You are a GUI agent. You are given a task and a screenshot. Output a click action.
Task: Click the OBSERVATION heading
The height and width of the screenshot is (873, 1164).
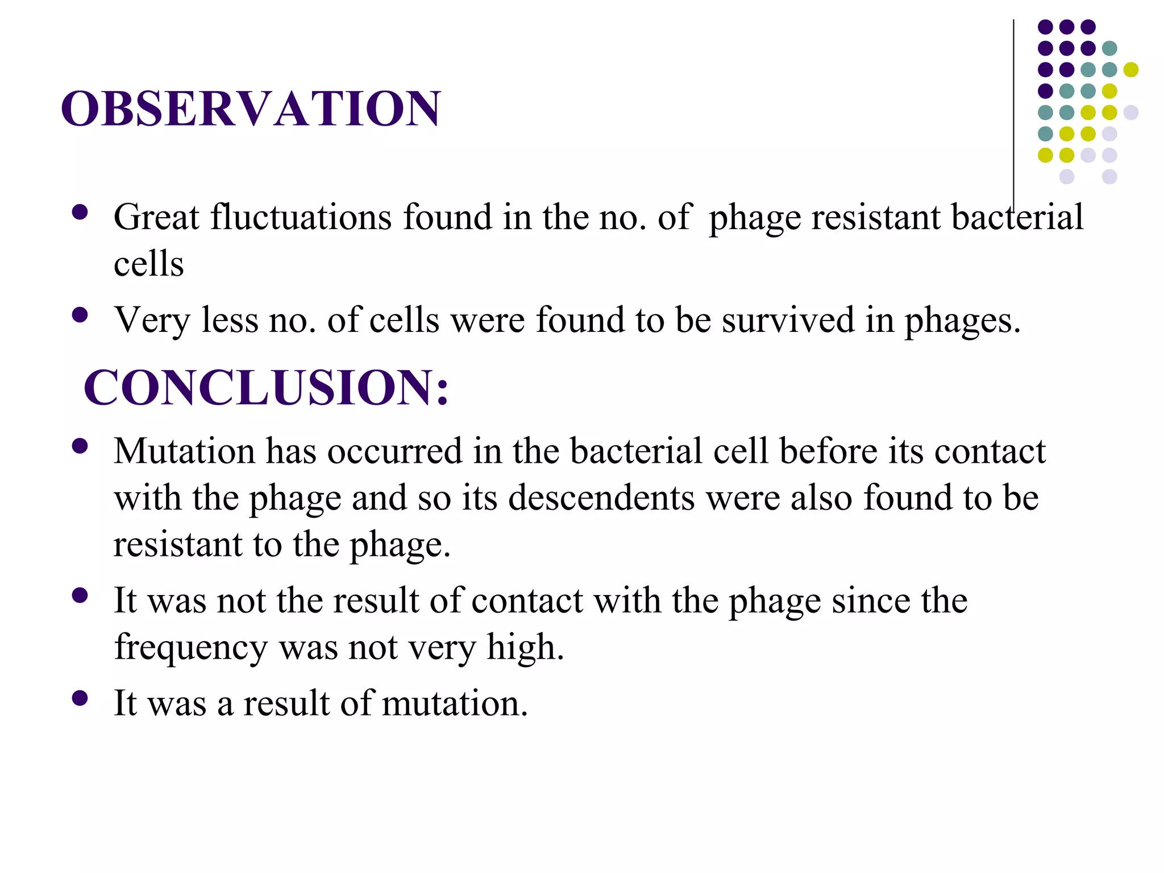pyautogui.click(x=251, y=109)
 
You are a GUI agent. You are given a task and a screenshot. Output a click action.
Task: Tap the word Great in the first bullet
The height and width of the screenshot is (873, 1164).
pyautogui.click(x=156, y=217)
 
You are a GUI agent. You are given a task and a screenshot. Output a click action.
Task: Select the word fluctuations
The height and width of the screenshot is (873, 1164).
pyautogui.click(x=301, y=217)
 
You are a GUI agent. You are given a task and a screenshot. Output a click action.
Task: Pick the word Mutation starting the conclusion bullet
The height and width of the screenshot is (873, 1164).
pyautogui.click(x=184, y=451)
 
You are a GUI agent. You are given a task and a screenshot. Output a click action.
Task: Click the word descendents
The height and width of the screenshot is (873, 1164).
pyautogui.click(x=601, y=498)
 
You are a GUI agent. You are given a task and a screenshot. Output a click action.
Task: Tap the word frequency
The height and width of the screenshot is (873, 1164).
pyautogui.click(x=190, y=647)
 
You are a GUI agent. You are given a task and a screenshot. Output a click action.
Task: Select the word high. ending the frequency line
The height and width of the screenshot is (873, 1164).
pyautogui.click(x=525, y=647)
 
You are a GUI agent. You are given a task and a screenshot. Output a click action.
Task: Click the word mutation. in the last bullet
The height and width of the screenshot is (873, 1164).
pyautogui.click(x=455, y=704)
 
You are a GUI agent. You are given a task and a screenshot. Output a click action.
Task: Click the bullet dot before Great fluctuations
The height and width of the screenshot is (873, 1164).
pyautogui.click(x=80, y=213)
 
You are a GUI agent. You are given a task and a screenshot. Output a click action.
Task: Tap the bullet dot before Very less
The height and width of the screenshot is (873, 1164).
pyautogui.click(x=80, y=315)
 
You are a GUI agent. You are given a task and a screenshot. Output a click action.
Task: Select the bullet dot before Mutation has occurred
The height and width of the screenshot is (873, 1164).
pyautogui.click(x=80, y=446)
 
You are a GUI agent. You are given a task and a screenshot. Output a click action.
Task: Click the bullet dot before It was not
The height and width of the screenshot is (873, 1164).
pyautogui.click(x=80, y=596)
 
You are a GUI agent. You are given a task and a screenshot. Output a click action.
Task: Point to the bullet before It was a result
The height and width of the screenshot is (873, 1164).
pyautogui.click(x=80, y=699)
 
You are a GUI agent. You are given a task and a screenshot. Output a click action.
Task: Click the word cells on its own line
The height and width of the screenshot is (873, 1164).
pyautogui.click(x=149, y=265)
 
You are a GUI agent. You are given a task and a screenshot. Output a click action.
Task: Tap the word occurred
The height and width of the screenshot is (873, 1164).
pyautogui.click(x=394, y=451)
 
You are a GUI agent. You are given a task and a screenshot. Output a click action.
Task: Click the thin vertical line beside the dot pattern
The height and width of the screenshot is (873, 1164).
pyautogui.click(x=1013, y=102)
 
